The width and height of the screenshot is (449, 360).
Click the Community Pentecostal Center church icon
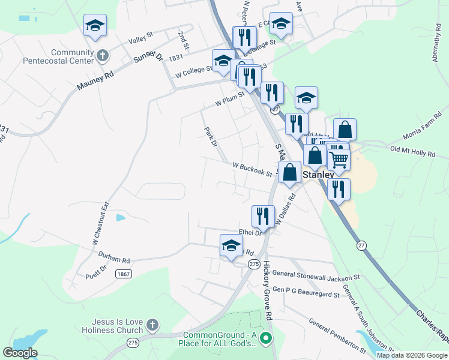tap(103, 56)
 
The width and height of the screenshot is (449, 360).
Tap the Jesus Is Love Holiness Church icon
tap(152, 326)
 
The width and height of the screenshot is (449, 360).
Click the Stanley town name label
tap(318, 175)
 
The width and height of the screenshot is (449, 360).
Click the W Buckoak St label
tap(252, 169)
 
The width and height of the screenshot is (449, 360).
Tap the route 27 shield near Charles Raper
tap(361, 245)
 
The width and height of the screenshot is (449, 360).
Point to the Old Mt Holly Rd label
tap(412, 152)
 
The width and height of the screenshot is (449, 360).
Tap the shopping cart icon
tap(339, 159)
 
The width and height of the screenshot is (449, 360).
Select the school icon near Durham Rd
tap(231, 245)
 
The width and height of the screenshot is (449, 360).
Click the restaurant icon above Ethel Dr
tap(263, 216)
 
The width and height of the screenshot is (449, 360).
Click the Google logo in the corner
tap(20, 353)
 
